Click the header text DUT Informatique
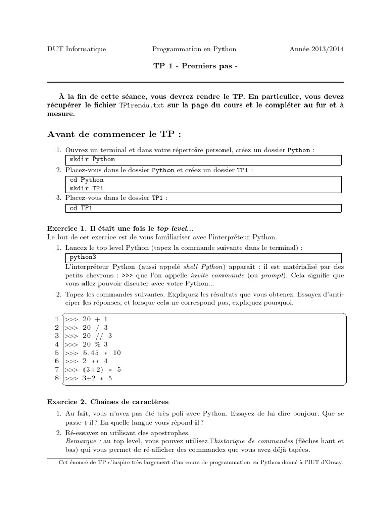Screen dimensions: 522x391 [76, 49]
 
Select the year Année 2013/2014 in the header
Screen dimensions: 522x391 [316, 49]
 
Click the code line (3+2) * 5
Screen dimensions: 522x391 [92, 370]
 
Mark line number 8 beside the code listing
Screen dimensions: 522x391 [57, 378]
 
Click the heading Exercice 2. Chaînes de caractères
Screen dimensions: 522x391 [107, 402]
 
